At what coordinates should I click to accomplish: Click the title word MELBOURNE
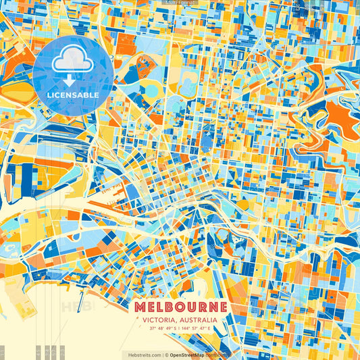pos(180,306)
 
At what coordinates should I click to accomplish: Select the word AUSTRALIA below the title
pos(195,320)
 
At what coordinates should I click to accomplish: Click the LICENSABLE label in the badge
pos(73,95)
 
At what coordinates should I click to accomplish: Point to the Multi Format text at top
pos(180,3)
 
